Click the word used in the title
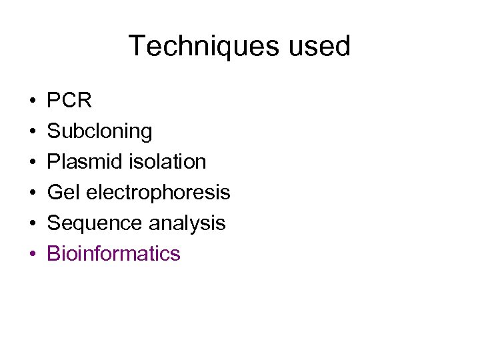(x=323, y=47)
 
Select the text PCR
(x=69, y=101)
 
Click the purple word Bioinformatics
(x=113, y=254)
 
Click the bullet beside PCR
(x=33, y=101)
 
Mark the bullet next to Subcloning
(x=33, y=132)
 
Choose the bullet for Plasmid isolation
(x=33, y=163)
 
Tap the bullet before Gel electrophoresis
(x=33, y=193)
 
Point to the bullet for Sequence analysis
(x=33, y=224)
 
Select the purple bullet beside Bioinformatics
(x=33, y=255)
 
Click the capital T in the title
(x=136, y=47)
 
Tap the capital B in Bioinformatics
(x=53, y=254)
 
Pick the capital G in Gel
(x=54, y=193)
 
